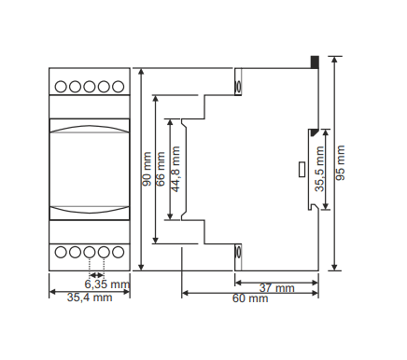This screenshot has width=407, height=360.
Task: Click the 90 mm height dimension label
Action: (147, 169)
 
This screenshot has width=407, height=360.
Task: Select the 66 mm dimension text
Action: (161, 169)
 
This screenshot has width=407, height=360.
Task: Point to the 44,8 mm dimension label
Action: (175, 169)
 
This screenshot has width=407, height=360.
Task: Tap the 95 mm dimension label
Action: (341, 162)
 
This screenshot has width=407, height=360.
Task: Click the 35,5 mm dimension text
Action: (319, 169)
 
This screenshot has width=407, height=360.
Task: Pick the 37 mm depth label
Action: (277, 288)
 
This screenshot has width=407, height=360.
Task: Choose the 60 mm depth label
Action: (250, 298)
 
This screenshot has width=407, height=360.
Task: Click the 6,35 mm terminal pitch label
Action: (107, 284)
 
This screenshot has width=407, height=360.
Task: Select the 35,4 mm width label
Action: (90, 298)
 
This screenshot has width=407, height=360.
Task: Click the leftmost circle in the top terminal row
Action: (61, 87)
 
